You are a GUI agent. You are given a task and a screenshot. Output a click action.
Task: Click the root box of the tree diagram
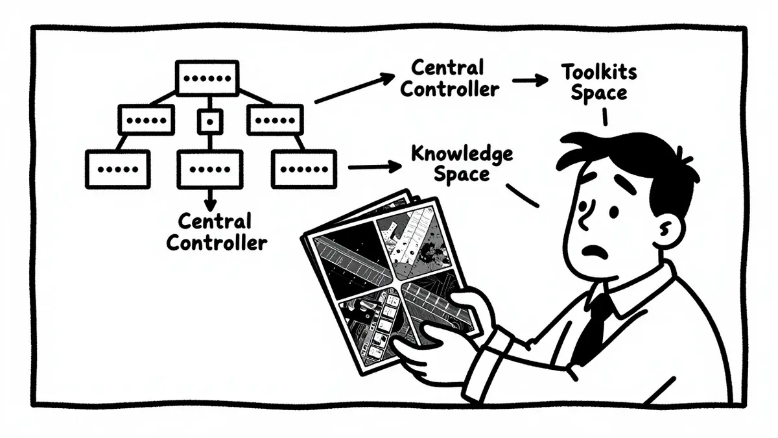click(x=207, y=79)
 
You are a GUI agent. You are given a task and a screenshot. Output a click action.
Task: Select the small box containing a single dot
click(x=210, y=122)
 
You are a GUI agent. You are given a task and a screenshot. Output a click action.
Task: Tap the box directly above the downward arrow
click(x=210, y=169)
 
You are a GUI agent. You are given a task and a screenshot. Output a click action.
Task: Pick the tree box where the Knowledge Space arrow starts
click(x=304, y=169)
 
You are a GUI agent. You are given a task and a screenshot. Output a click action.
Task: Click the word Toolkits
click(x=599, y=72)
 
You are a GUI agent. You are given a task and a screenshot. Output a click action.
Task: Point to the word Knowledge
click(x=462, y=154)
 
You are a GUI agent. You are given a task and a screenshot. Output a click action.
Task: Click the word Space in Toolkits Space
click(x=599, y=93)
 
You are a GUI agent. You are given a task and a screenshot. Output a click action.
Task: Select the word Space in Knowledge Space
click(x=462, y=175)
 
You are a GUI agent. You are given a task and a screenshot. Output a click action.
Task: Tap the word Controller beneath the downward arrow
click(x=217, y=243)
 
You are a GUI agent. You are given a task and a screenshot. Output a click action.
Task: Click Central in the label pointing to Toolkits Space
click(x=447, y=67)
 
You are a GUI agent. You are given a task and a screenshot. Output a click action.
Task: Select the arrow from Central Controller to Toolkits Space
click(x=530, y=80)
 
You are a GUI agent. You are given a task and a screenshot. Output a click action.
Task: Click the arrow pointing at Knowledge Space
click(x=375, y=167)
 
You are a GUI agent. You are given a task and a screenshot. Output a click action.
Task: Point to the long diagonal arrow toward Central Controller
click(x=355, y=88)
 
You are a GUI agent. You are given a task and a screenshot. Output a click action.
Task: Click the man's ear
click(x=669, y=230)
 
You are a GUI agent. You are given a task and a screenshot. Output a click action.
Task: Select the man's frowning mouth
click(x=595, y=252)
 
